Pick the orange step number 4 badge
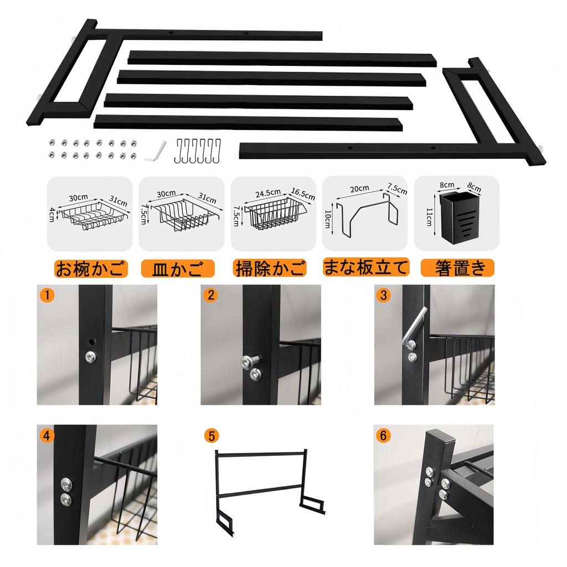(48, 435)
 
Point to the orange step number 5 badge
(210, 435)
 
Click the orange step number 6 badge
(383, 435)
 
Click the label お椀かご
(91, 269)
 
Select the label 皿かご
(177, 269)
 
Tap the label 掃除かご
(270, 269)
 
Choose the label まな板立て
(366, 268)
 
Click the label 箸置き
(457, 269)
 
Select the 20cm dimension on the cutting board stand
(359, 188)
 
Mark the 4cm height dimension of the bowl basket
(53, 214)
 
